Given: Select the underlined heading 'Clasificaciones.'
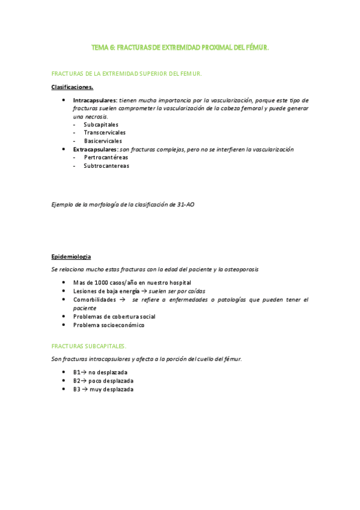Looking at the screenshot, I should pyautogui.click(x=72, y=87).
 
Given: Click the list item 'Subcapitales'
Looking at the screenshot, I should pyautogui.click(x=101, y=124).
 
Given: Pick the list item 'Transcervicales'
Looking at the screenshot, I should pyautogui.click(x=105, y=132).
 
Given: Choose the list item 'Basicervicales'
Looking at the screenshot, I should pyautogui.click(x=103, y=141).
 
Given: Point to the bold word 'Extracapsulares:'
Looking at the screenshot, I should pyautogui.click(x=96, y=149).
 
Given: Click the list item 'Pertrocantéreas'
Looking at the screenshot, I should pyautogui.click(x=106, y=157).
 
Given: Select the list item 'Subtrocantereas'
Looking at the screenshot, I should pyautogui.click(x=106, y=165).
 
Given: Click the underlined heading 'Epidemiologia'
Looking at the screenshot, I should pyautogui.click(x=71, y=257).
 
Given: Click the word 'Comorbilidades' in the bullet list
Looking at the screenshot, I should pyautogui.click(x=94, y=299).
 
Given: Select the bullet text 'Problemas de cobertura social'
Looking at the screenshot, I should pyautogui.click(x=114, y=316).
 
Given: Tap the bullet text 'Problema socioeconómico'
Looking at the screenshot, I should pyautogui.click(x=109, y=325).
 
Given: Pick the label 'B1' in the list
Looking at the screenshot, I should pyautogui.click(x=77, y=372).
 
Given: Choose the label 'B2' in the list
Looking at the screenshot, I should pyautogui.click(x=77, y=381).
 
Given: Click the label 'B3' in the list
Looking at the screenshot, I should pyautogui.click(x=77, y=389).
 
